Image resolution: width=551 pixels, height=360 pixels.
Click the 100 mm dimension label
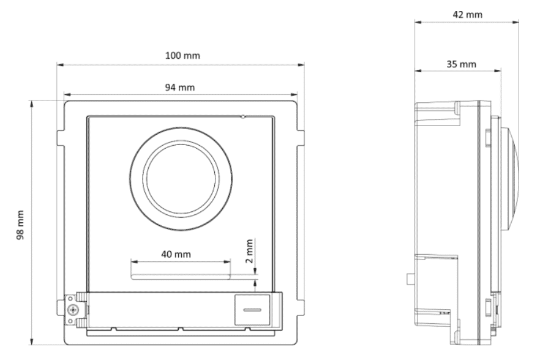[182, 55]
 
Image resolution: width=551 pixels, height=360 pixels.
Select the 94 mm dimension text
[181, 88]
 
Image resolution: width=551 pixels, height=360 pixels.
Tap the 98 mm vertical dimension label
[20, 224]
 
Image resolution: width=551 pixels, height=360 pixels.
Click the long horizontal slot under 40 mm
[181, 276]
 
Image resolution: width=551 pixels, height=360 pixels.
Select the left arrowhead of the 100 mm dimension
[59, 63]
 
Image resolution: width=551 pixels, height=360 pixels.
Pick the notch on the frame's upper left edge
[60, 137]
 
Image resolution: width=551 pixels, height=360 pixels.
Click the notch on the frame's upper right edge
[301, 137]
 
